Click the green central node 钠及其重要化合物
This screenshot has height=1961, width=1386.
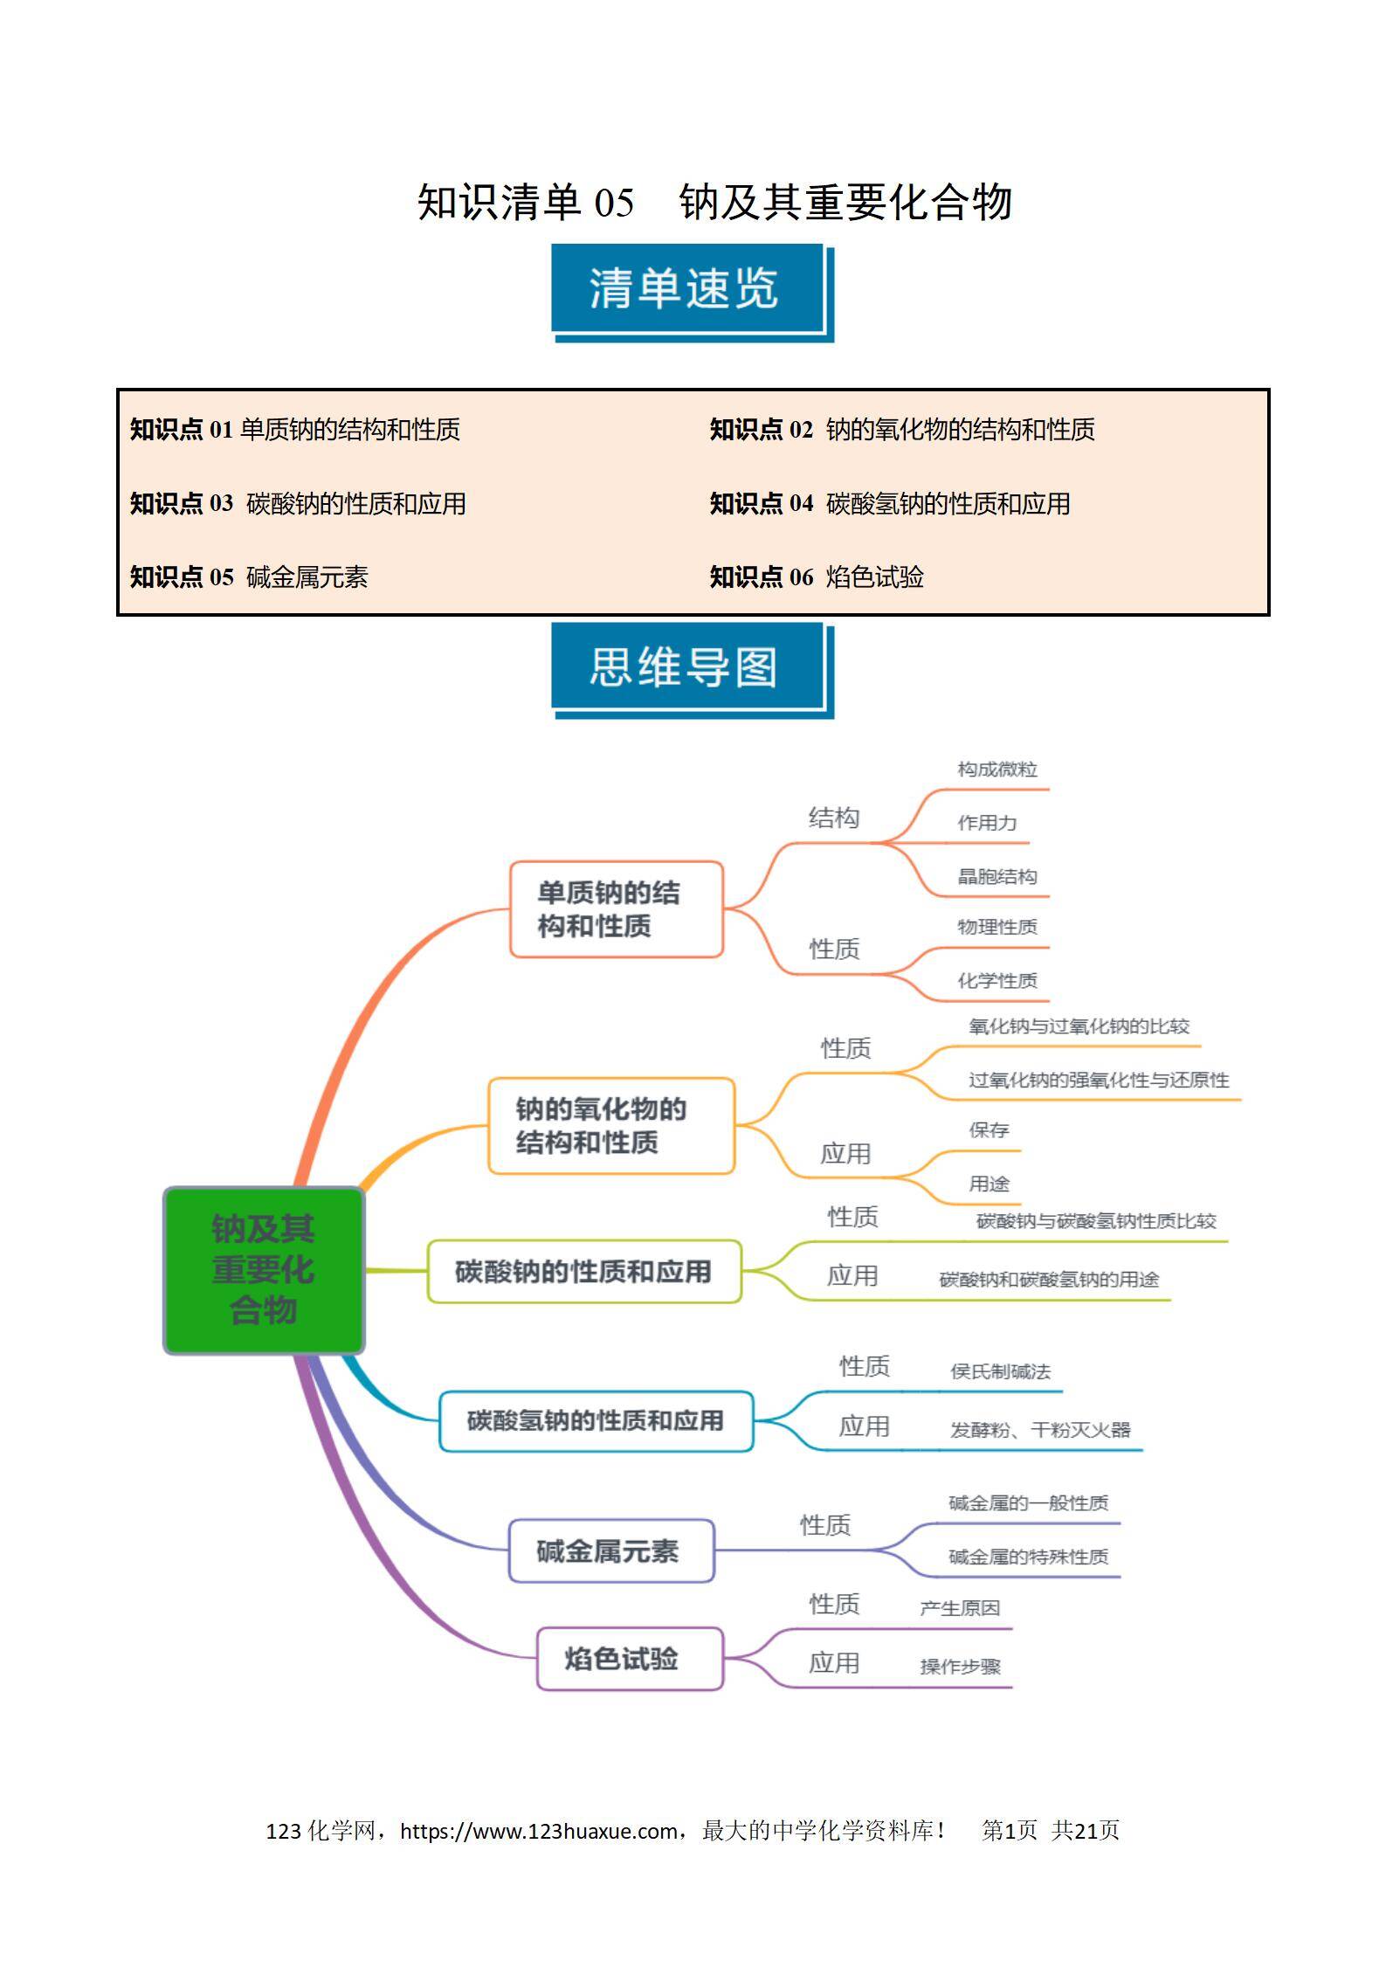[264, 1270]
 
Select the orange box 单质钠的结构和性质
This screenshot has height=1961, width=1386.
[617, 909]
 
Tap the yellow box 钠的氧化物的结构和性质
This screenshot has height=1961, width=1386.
[611, 1126]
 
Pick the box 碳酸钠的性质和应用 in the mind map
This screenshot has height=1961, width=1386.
[584, 1272]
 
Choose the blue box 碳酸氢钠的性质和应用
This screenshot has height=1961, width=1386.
[596, 1421]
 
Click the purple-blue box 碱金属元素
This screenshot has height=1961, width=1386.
[611, 1550]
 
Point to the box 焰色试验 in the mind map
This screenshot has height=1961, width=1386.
[630, 1658]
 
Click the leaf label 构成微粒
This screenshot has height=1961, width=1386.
[997, 770]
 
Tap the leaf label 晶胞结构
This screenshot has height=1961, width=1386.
[997, 877]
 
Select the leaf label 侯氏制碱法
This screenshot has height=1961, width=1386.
[1001, 1371]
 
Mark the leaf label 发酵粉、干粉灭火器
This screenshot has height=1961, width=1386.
[1041, 1430]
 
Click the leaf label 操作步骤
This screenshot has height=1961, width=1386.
[961, 1667]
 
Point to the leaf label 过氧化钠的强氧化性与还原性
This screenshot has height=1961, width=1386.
[1099, 1081]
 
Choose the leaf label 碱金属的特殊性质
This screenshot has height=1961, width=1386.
[1029, 1557]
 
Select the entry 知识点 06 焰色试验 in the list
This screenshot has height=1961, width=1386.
[817, 577]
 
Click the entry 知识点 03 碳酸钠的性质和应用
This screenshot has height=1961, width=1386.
[298, 503]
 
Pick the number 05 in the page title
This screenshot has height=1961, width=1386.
[614, 203]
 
